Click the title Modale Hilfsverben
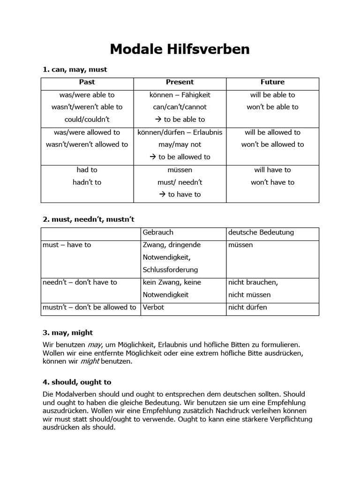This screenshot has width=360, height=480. (x=180, y=49)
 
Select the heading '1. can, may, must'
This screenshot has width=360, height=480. (x=75, y=69)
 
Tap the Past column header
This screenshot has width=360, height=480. (x=87, y=82)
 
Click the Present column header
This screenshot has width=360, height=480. (x=180, y=82)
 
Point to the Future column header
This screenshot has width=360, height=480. (x=272, y=82)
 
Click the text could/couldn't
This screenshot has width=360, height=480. (x=87, y=119)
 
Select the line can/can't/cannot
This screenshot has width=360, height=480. (x=180, y=107)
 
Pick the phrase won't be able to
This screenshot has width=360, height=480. (x=272, y=107)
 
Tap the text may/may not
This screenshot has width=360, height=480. (x=180, y=144)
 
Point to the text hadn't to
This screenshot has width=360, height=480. (x=87, y=182)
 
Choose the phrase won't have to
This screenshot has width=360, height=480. (x=272, y=182)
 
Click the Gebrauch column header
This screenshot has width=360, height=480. (x=158, y=232)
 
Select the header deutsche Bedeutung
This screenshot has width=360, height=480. (x=261, y=232)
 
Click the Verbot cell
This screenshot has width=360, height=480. (x=153, y=307)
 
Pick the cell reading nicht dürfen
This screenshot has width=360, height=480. (x=247, y=307)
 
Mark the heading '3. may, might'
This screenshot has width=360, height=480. (x=68, y=332)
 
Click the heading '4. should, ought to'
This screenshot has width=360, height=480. (x=77, y=382)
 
